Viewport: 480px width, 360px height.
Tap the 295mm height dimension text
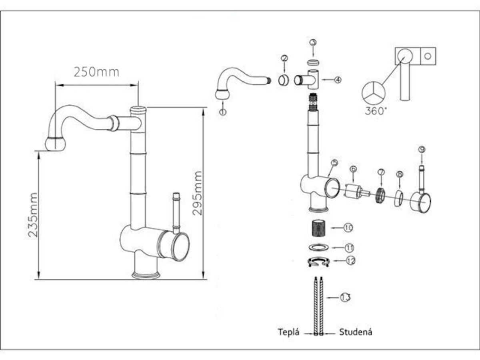pos(198,193)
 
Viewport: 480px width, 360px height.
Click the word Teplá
pos(289,332)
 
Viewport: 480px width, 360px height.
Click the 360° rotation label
pos(376,111)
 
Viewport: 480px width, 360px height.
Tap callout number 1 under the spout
pos(223,112)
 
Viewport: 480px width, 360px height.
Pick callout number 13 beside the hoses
pos(346,298)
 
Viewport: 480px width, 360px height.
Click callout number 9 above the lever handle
pos(421,149)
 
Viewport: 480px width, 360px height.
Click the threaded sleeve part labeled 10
pos(320,228)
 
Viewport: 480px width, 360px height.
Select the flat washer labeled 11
pos(319,247)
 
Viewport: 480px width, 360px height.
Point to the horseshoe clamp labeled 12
pos(318,262)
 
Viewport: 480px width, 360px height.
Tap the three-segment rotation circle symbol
pos(373,93)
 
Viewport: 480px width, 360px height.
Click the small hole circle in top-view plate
pos(428,56)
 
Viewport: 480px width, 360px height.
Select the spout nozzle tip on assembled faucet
pos(55,144)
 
